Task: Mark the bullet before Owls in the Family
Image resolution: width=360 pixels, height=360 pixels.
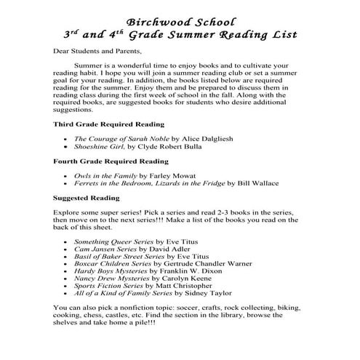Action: [x=65, y=175]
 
